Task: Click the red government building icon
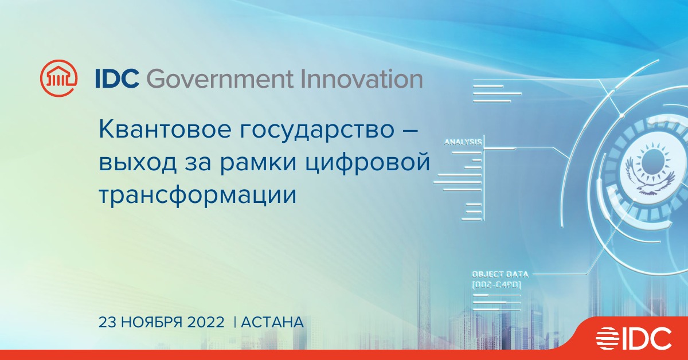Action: tap(58, 78)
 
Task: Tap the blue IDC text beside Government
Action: tap(117, 79)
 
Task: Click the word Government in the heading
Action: tap(219, 79)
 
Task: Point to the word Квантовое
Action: tap(165, 130)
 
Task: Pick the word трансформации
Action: tap(198, 195)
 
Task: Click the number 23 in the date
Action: tap(107, 322)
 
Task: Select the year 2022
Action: tap(206, 322)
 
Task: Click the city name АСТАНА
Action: tap(272, 322)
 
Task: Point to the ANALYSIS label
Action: tap(463, 142)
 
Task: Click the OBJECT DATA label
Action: tap(500, 275)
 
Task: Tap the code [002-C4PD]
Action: tap(497, 285)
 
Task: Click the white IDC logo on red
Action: tap(634, 338)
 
